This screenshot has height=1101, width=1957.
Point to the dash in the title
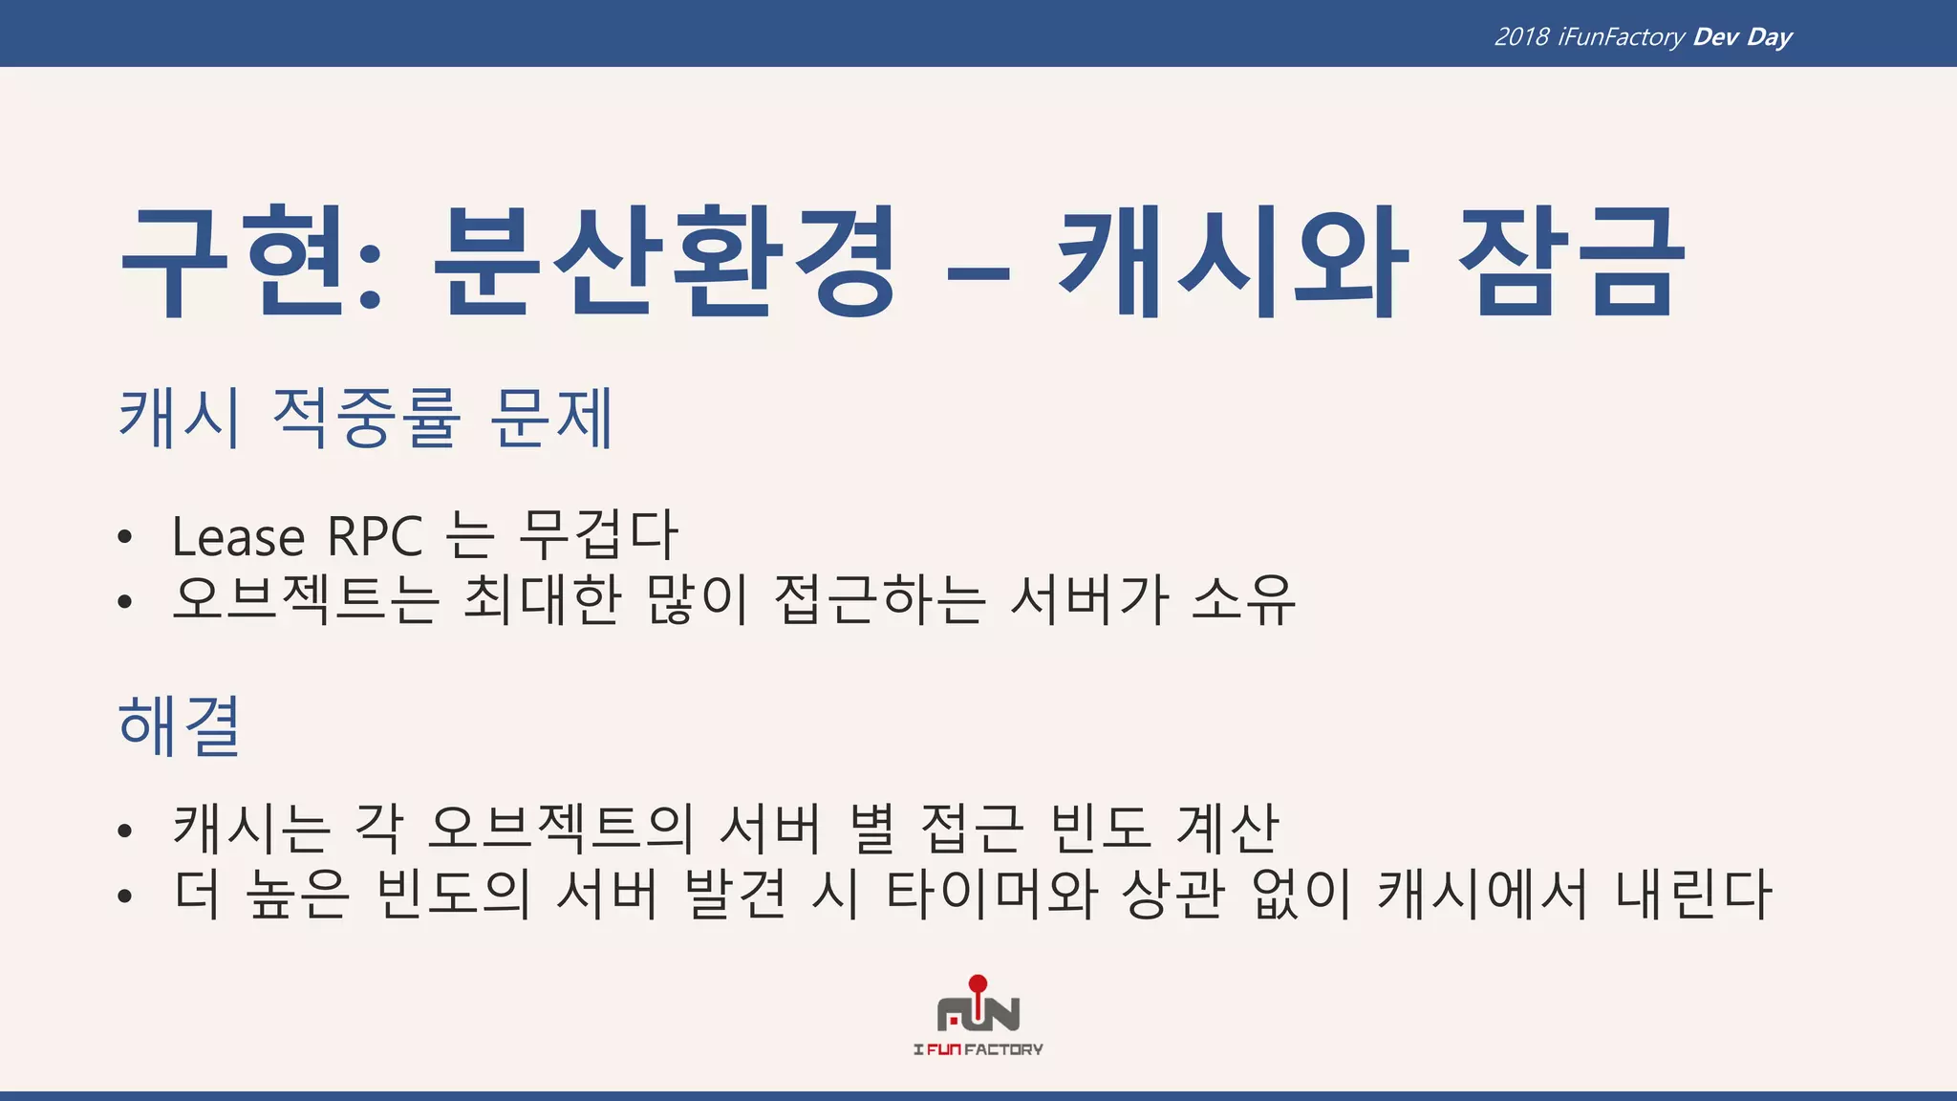978,273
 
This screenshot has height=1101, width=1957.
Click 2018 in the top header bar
1521,36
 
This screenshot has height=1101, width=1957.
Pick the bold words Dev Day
1742,36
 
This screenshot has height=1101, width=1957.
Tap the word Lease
238,536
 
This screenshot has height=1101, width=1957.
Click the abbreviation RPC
375,536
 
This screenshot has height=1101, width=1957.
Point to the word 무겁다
598,534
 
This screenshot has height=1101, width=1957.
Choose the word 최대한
542,599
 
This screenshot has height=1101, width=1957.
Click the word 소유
1244,599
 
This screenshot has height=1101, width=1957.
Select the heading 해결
179,725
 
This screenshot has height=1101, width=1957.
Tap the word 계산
1227,827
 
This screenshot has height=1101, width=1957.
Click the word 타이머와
992,894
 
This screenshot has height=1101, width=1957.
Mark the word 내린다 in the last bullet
1693,894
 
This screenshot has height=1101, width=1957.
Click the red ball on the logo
978,983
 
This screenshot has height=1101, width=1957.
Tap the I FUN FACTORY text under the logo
978,1049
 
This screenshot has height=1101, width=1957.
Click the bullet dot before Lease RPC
124,538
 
